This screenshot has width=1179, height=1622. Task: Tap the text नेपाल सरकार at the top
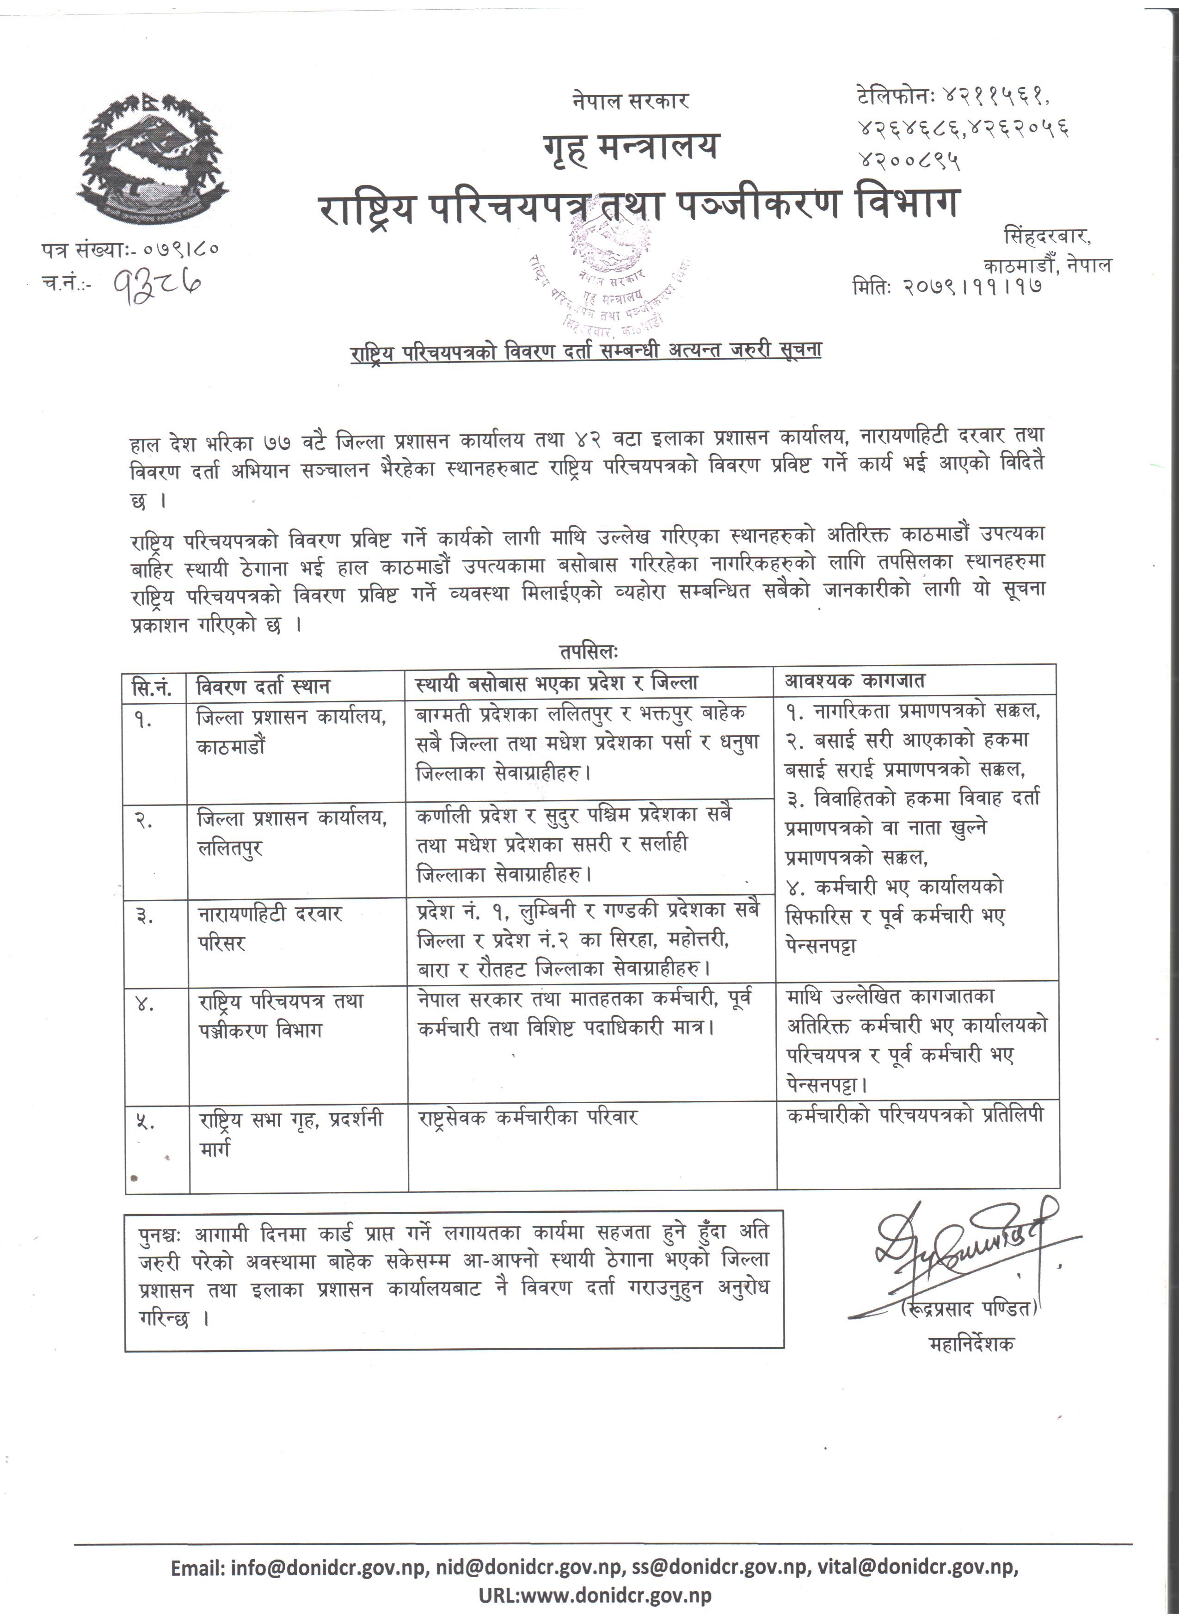[630, 101]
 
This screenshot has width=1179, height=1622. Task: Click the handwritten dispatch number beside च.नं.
[159, 285]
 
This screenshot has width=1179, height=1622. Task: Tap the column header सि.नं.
[152, 687]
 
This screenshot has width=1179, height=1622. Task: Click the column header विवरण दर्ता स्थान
[263, 687]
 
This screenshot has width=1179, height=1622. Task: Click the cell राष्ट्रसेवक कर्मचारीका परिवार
[528, 1118]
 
